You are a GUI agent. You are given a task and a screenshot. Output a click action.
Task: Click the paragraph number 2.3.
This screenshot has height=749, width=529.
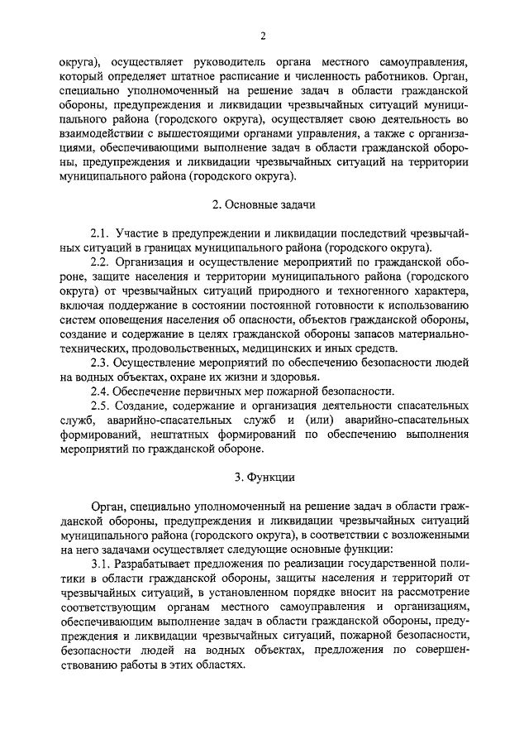tap(100, 361)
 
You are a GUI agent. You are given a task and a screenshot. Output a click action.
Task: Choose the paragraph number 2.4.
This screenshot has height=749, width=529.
tap(100, 390)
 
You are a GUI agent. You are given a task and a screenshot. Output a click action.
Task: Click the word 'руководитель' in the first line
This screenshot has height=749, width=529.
tap(223, 61)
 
